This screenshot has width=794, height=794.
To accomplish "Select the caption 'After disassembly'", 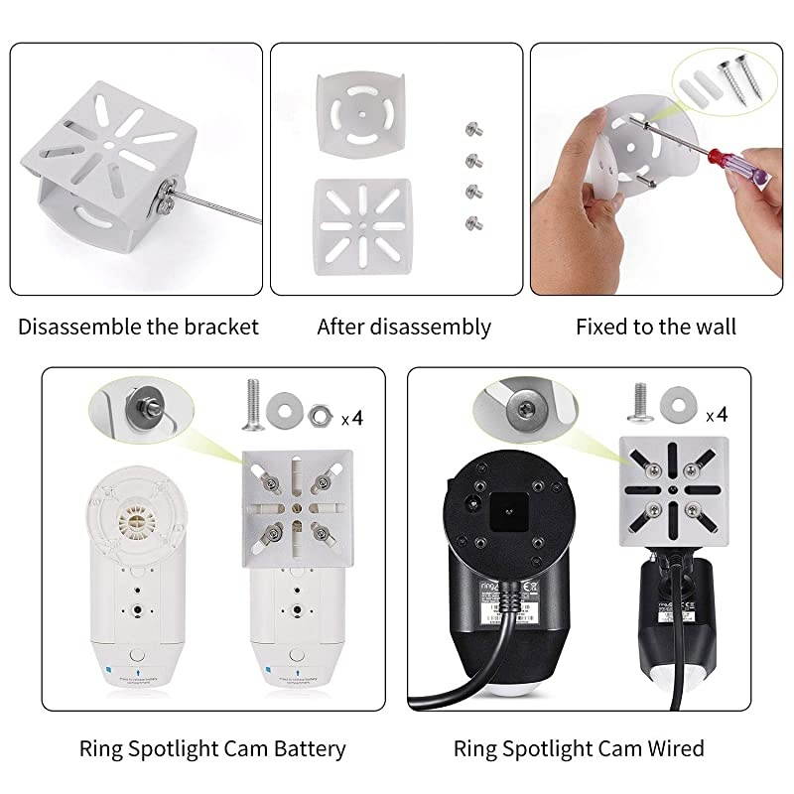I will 404,327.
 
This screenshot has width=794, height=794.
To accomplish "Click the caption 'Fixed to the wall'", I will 656,327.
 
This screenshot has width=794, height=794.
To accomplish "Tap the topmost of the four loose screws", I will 473,130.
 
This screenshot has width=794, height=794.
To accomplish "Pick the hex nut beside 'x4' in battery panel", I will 320,414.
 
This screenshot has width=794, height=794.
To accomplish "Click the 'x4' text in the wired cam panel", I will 715,415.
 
